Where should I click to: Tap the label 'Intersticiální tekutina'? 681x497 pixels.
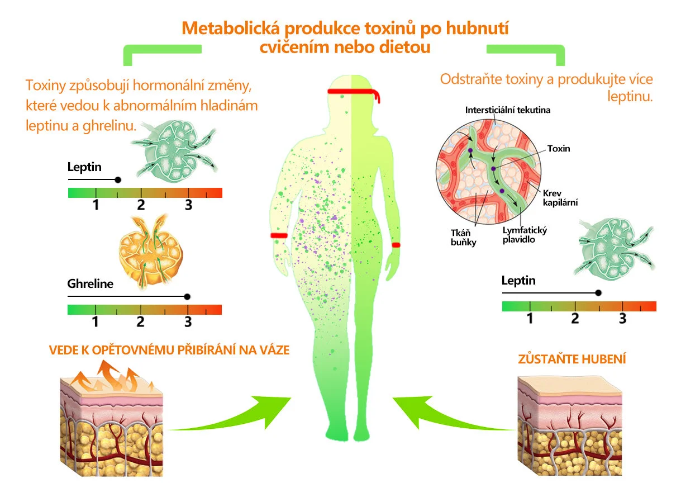507,110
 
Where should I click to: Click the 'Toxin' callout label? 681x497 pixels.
559,149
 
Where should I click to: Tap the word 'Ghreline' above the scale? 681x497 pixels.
90,283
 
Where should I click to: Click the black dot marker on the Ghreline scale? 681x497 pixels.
187,297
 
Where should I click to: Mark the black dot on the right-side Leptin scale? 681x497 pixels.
598,292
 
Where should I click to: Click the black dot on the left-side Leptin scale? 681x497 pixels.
117,180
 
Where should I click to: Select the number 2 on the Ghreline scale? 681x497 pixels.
140,322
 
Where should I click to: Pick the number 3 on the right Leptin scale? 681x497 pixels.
622,319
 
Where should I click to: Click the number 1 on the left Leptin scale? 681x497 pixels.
96,205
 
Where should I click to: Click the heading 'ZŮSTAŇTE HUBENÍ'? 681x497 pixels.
572,358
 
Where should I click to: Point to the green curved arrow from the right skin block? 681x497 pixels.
441,416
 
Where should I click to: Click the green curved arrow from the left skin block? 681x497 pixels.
240,416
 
